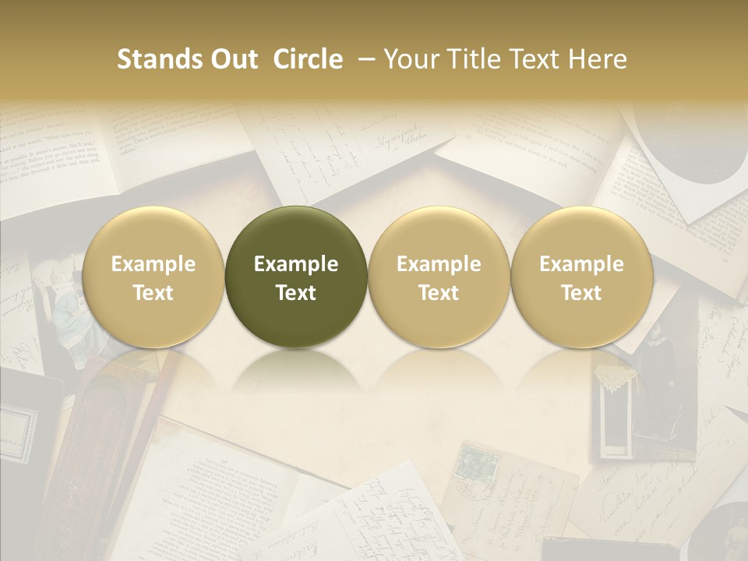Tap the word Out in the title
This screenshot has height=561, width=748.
[x=233, y=59]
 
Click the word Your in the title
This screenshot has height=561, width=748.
[x=413, y=59]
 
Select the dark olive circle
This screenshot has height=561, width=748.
[x=296, y=277]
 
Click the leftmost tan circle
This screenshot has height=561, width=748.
[x=153, y=277]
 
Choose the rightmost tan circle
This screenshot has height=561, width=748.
[x=582, y=277]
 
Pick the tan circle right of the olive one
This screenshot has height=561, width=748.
[x=439, y=277]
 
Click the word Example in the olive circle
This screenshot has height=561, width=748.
[x=296, y=264]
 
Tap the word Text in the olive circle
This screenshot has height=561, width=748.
[x=296, y=293]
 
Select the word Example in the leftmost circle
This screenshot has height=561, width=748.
[x=153, y=264]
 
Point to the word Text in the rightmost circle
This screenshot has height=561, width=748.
[x=582, y=293]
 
